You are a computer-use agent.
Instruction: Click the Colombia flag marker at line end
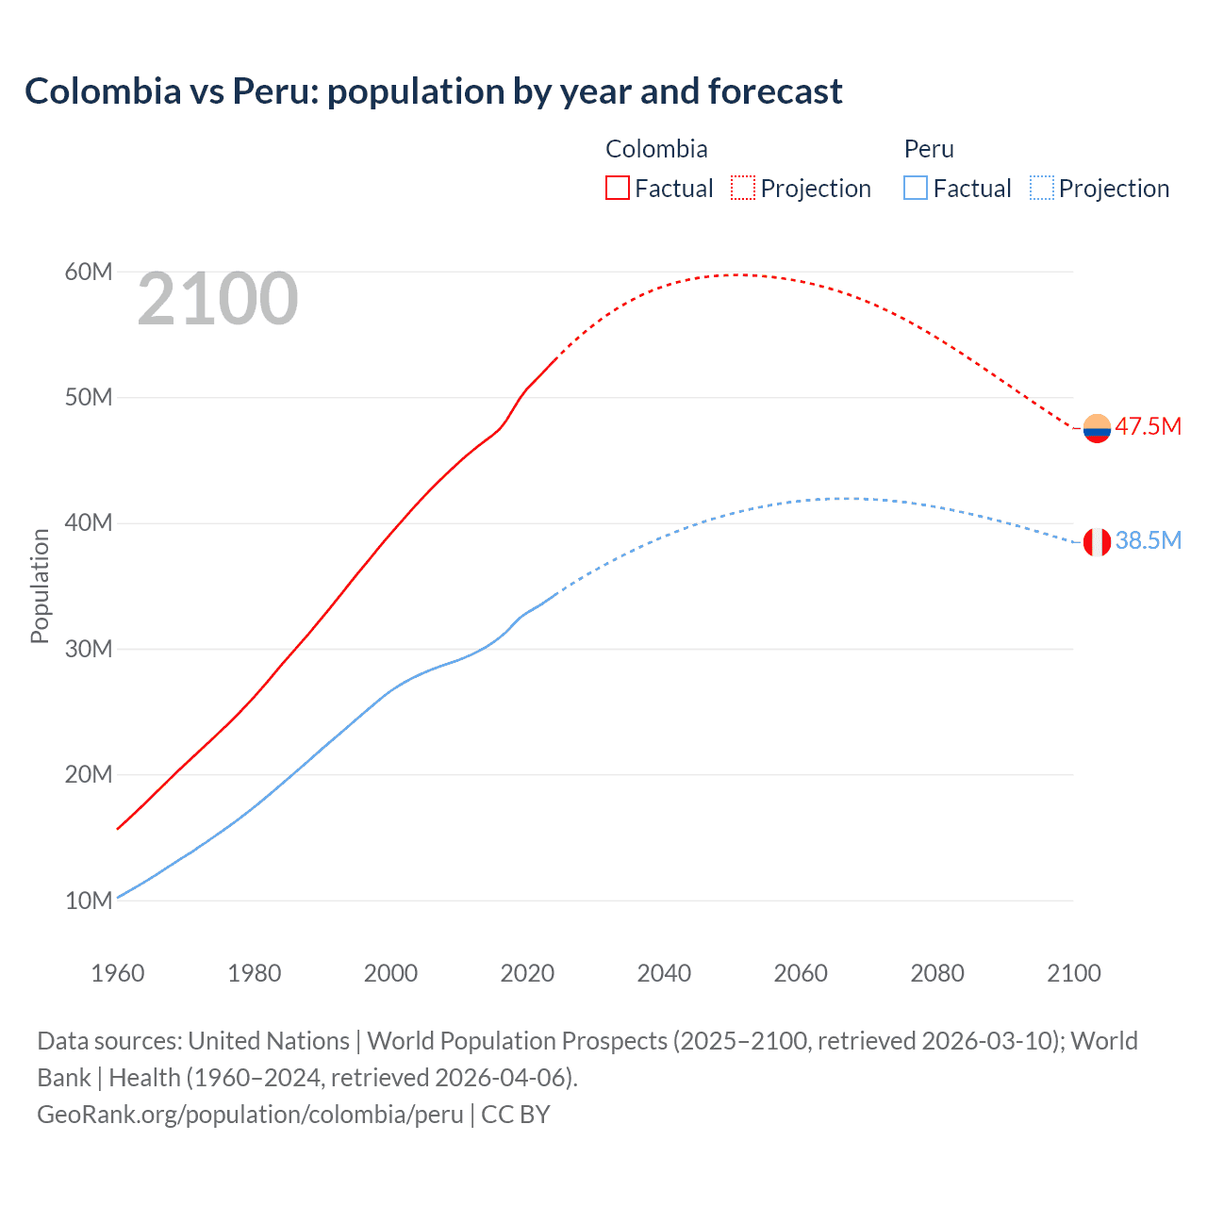[1097, 428]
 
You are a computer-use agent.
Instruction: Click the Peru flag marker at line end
[1097, 542]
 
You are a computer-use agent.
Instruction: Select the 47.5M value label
[1148, 426]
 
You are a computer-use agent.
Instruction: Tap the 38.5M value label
[1148, 540]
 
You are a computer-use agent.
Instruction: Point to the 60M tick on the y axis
[89, 272]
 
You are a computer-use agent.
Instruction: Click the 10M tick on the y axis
[89, 901]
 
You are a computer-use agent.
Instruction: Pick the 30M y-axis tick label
[89, 649]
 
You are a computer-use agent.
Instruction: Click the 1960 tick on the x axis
[118, 973]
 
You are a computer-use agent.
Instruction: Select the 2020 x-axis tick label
[527, 973]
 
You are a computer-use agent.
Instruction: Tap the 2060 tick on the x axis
[801, 973]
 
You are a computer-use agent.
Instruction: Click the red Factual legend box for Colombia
[618, 188]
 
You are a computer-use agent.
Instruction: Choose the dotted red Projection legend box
[743, 188]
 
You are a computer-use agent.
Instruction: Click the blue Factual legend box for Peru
[916, 188]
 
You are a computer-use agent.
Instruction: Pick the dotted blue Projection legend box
[1042, 188]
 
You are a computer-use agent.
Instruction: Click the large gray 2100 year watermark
[218, 299]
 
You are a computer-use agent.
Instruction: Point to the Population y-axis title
[40, 586]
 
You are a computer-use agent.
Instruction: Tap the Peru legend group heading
[929, 149]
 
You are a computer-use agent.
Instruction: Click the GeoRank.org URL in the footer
[250, 1115]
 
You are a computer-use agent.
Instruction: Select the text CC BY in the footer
[516, 1115]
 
